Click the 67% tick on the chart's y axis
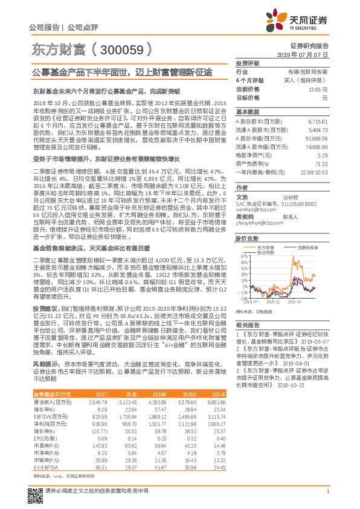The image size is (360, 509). [x=243, y=256]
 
